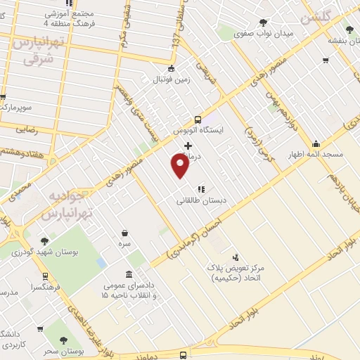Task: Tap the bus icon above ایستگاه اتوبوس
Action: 198,119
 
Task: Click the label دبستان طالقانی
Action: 201,200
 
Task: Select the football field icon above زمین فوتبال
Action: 171,68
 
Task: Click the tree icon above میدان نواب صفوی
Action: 263,21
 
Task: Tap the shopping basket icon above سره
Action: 124,233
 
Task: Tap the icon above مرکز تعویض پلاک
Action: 235,257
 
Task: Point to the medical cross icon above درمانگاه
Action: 188,146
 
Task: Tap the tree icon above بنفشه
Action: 349,30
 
